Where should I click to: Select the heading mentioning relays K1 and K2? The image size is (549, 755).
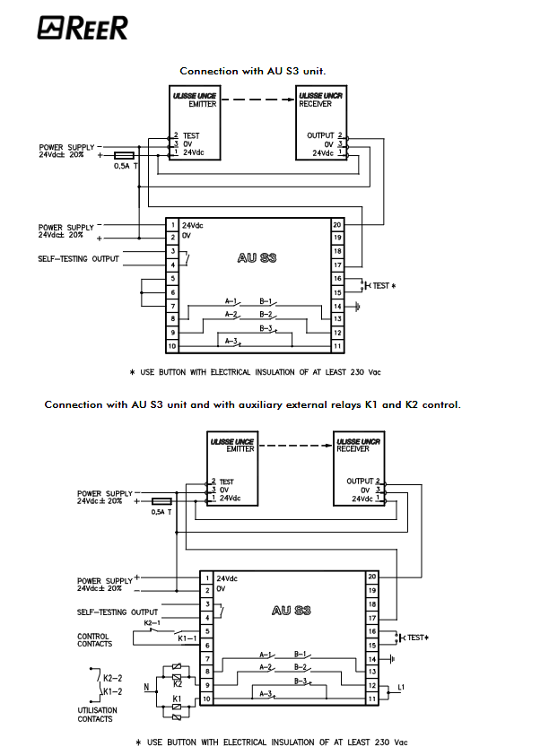pos(253,404)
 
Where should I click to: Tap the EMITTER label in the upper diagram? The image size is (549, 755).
pos(203,104)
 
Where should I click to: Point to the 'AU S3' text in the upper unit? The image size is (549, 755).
pos(257,257)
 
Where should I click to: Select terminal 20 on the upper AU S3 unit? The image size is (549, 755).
pos(337,224)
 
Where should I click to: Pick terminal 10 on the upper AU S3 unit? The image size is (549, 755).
pos(171,345)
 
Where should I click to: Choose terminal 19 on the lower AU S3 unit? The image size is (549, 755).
pos(371,590)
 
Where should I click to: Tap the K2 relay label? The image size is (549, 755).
pos(177,682)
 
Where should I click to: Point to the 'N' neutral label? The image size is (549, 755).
pos(145,689)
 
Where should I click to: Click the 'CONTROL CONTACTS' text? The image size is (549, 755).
pos(95,640)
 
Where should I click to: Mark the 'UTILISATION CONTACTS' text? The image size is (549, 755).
pos(95,715)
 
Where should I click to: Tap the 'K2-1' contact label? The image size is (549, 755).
pos(152,622)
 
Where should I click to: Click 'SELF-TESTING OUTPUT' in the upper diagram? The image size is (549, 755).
pos(80,259)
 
